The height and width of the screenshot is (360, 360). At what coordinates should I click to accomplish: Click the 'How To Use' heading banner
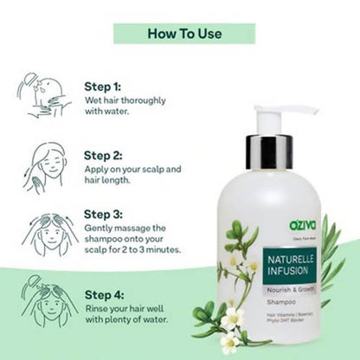(x=184, y=34)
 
